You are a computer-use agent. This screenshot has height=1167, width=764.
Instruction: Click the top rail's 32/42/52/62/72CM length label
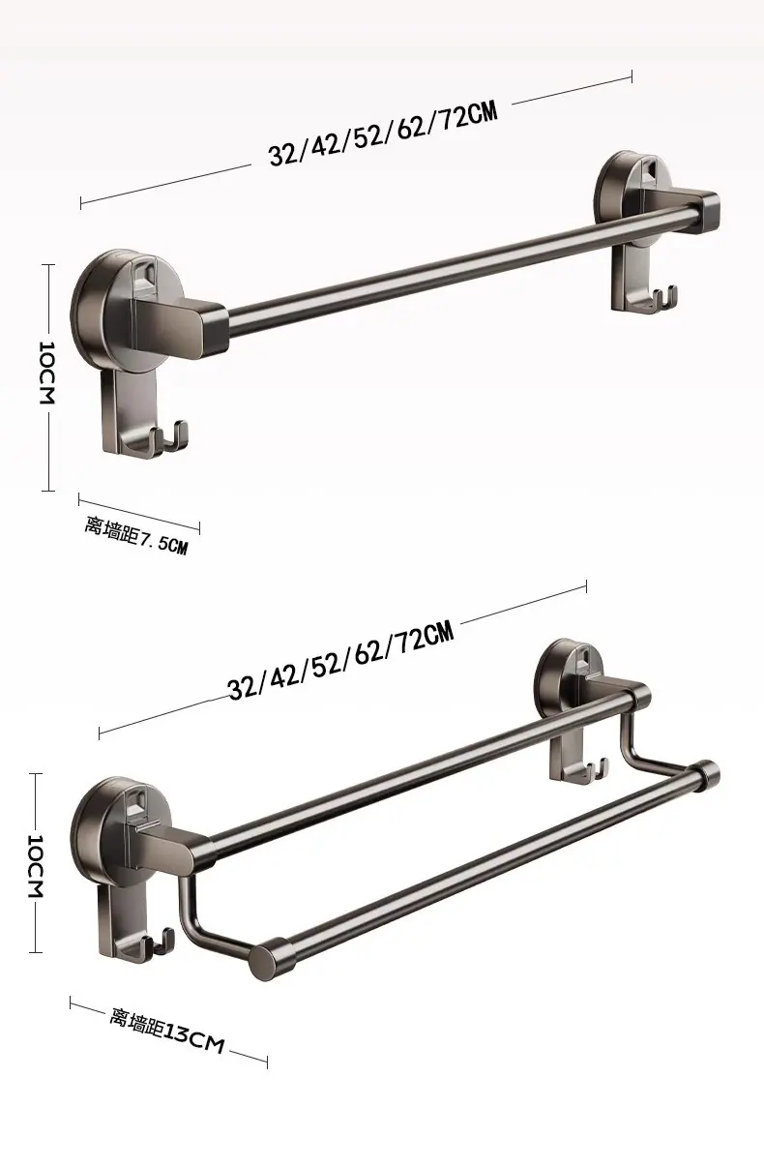[x=383, y=134]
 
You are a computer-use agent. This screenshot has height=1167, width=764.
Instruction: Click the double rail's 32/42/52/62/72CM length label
[x=341, y=660]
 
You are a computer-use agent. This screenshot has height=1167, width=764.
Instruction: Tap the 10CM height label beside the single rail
[x=46, y=373]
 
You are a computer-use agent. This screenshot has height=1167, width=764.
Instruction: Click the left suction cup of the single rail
[x=112, y=308]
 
